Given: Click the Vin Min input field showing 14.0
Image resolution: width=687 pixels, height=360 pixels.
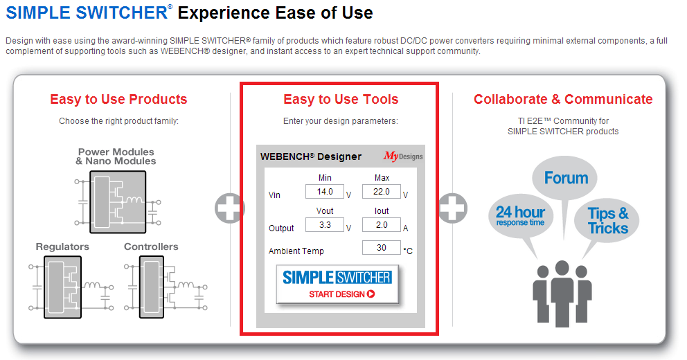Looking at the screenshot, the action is click(325, 192).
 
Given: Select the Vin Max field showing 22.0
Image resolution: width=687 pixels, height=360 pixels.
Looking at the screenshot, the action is click(382, 192).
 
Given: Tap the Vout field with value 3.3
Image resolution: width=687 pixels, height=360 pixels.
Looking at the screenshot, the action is click(325, 225).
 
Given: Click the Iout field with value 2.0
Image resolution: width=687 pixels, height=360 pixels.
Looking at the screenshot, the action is click(382, 225).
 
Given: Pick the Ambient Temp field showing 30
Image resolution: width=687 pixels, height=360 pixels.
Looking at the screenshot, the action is click(382, 247).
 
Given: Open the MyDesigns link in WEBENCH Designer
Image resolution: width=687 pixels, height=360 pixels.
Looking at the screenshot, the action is click(403, 156).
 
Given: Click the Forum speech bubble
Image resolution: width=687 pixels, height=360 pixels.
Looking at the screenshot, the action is click(564, 177).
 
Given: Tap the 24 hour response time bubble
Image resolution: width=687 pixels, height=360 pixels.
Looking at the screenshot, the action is click(521, 216).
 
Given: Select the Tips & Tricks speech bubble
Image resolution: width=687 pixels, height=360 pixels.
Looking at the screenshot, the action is click(608, 220).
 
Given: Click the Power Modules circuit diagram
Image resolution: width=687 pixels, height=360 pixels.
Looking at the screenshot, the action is click(118, 202).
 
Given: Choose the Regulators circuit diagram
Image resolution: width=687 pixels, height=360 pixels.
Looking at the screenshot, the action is click(71, 287).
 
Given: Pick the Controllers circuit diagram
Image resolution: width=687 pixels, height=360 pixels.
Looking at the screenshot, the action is click(166, 287).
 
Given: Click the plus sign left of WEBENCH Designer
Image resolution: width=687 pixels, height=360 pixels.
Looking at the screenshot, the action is click(229, 208).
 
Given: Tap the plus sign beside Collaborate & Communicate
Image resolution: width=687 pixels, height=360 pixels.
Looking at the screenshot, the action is click(453, 208).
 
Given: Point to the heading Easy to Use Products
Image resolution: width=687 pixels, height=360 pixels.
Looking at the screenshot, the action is click(118, 100).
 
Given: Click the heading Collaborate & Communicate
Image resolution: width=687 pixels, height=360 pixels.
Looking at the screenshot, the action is click(563, 100).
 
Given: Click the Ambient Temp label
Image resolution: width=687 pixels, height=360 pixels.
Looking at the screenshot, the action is click(296, 251).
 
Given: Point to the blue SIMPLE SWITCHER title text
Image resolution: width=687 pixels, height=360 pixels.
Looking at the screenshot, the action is click(87, 12).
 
